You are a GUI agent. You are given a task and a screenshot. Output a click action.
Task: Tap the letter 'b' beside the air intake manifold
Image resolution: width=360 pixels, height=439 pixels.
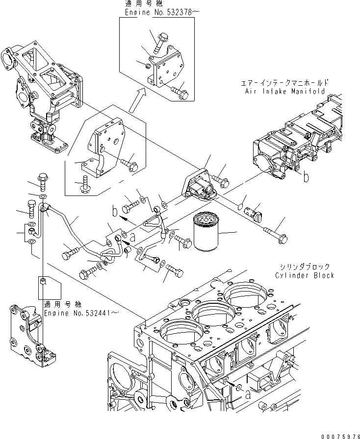tap(306, 178)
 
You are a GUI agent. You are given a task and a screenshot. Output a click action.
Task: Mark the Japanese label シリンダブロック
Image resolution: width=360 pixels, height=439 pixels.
tap(307, 267)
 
